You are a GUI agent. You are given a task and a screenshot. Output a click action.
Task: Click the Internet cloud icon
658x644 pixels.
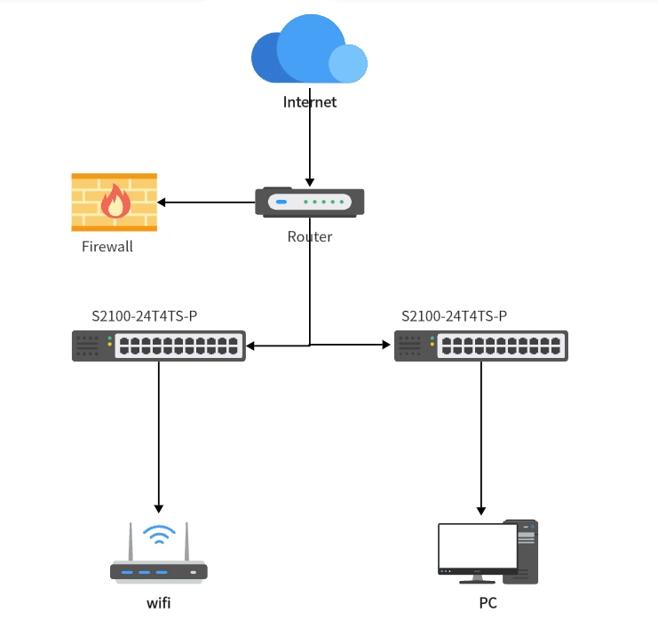tap(308, 52)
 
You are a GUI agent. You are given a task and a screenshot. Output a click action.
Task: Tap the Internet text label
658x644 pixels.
tap(310, 102)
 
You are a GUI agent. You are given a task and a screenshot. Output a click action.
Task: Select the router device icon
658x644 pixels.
tap(309, 203)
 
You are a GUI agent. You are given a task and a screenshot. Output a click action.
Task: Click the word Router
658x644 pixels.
tap(310, 237)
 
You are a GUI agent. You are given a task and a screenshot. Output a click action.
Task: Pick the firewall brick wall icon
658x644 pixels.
tap(114, 203)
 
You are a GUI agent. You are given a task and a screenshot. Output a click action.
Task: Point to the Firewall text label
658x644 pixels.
tap(107, 247)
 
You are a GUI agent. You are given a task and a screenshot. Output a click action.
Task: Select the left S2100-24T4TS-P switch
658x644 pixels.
tap(159, 346)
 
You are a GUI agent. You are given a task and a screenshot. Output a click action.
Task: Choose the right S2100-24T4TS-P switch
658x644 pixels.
tap(481, 346)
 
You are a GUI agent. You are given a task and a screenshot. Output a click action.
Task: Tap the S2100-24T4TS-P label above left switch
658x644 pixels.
tap(145, 315)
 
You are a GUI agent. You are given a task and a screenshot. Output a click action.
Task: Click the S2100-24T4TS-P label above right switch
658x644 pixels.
tap(454, 315)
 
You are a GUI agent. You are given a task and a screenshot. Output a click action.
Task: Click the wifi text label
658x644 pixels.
tap(159, 604)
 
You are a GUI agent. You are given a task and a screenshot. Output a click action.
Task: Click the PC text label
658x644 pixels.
tap(488, 604)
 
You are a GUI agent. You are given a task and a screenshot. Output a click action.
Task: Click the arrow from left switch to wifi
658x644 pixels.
tap(159, 435)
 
